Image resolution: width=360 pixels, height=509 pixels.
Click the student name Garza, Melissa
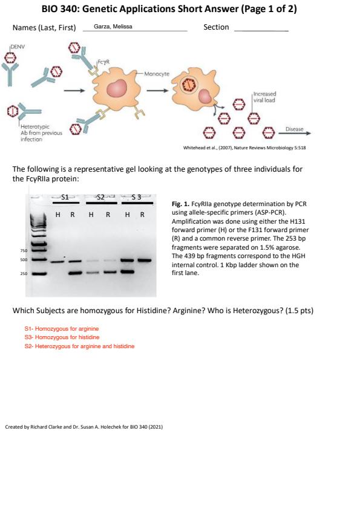(113, 27)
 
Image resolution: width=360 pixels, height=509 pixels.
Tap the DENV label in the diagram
(18, 47)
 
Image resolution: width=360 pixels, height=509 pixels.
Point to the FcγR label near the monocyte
(103, 62)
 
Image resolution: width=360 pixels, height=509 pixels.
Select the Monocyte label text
(157, 74)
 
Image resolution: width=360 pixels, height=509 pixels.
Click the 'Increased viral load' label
(264, 97)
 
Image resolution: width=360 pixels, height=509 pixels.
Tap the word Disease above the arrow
(295, 129)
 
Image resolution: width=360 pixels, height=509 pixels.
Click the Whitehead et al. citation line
(244, 148)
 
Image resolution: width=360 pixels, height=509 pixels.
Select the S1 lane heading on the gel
(65, 197)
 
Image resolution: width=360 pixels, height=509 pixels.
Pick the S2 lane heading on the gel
(100, 197)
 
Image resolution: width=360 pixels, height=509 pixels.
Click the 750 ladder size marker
(24, 251)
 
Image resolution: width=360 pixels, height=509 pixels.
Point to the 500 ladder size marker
(24, 260)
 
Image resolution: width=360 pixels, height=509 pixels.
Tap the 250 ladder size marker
(24, 274)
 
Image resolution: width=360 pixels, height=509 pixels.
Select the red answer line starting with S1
(62, 328)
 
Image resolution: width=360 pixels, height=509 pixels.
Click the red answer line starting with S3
(62, 337)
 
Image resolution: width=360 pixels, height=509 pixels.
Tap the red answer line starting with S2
(80, 346)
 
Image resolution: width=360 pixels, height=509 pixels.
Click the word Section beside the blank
(216, 27)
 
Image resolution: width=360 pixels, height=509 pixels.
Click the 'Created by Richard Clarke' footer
(84, 427)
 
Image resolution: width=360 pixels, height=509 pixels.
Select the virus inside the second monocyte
(188, 85)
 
